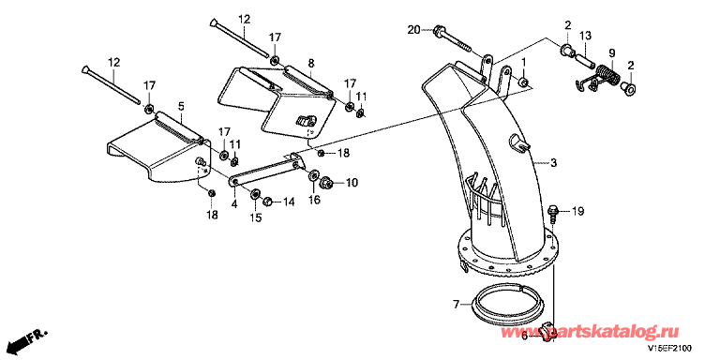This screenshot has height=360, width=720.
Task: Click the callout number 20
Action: click(413, 30)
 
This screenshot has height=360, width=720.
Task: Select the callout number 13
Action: click(585, 36)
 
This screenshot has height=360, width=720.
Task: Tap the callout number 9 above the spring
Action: click(611, 52)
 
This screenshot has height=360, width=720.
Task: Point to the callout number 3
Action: click(554, 162)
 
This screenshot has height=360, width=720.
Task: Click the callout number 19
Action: click(577, 212)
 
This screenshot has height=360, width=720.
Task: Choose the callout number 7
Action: click(456, 304)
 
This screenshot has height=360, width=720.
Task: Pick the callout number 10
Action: click(352, 183)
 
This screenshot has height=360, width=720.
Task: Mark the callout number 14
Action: click(289, 201)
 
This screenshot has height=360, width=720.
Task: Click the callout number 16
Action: click(314, 200)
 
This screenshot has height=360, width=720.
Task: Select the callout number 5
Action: click(181, 107)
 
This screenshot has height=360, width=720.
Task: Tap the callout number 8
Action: click(311, 62)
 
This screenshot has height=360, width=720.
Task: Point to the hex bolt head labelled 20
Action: click(438, 31)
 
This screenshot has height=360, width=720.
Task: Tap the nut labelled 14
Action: click(267, 202)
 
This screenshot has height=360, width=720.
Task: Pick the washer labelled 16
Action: click(315, 175)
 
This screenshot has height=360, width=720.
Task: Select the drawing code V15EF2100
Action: click(670, 348)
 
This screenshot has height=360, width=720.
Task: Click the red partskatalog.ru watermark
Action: click(591, 331)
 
